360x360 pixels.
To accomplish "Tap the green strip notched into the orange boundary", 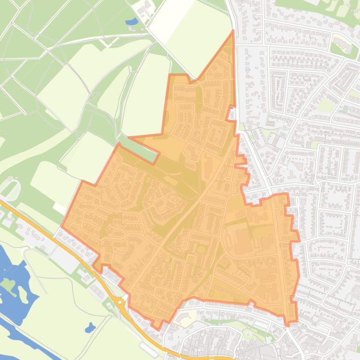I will coord(140,147).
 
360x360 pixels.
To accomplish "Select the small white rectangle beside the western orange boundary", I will coord(59,207).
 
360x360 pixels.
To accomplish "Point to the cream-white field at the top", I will coord(171,19).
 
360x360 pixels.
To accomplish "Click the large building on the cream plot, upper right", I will coord(341,45).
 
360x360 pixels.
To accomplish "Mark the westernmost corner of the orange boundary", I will coord(62,228).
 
